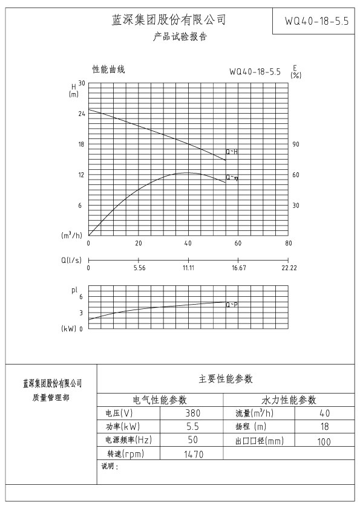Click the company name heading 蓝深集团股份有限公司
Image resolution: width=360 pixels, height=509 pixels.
[169, 20]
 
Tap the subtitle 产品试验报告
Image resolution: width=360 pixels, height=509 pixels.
[180, 37]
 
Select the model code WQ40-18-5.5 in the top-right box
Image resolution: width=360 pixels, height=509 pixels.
[316, 21]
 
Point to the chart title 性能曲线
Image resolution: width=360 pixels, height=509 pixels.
[108, 70]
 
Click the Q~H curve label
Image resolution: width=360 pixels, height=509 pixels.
[232, 152]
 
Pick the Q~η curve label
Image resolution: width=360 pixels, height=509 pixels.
[232, 178]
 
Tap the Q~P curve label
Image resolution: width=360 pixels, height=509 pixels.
[232, 305]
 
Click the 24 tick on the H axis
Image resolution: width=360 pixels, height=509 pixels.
[80, 114]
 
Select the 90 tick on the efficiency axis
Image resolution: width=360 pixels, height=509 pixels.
[296, 144]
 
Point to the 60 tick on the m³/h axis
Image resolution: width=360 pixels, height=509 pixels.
[238, 243]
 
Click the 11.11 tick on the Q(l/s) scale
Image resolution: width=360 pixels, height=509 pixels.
[188, 267]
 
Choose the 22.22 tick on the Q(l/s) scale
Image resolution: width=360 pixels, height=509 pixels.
[289, 267]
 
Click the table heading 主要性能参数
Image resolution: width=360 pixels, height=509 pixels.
[226, 379]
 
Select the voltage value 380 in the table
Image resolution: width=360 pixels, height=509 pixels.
[192, 413]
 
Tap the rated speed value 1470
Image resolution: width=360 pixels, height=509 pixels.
[193, 454]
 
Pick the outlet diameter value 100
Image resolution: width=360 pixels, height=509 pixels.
[324, 442]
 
